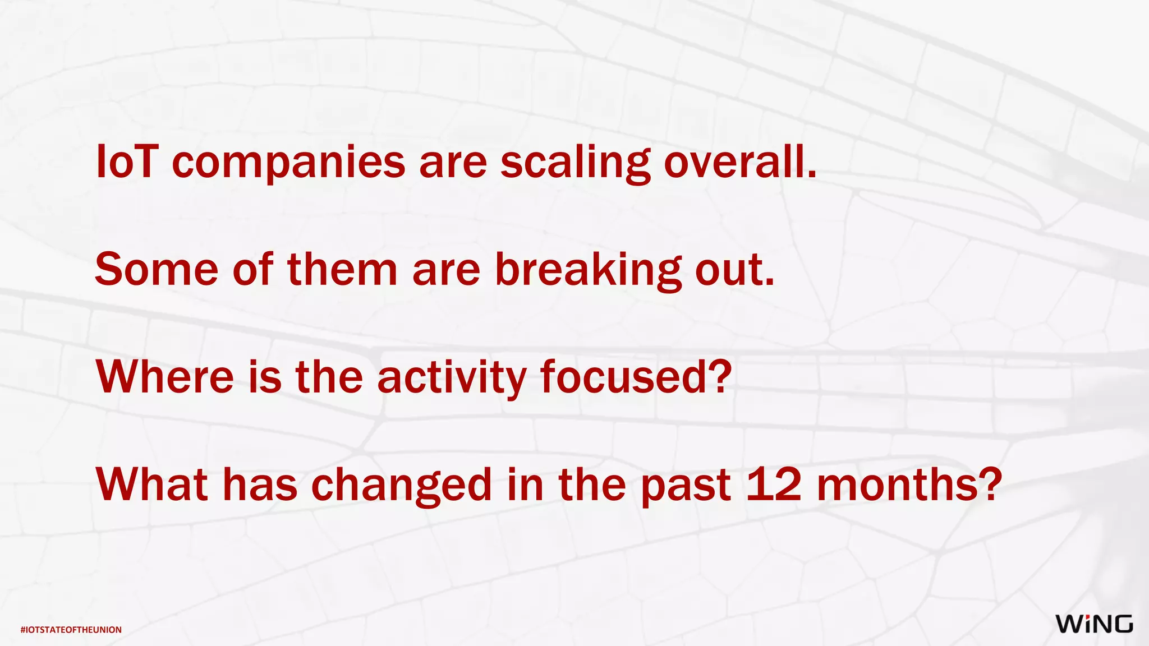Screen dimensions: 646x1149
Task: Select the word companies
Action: coord(288,164)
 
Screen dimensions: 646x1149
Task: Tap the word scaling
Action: coord(575,164)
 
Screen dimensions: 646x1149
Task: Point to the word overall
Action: coord(739,162)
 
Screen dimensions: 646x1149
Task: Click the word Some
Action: coord(157,270)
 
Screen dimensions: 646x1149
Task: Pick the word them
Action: coord(342,270)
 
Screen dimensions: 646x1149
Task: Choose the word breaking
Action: coord(588,271)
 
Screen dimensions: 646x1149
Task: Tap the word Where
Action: coord(165,377)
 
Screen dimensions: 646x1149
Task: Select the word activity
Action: coord(452,379)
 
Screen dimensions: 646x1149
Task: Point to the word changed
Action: coord(402,486)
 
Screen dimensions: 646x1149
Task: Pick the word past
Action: coord(686,486)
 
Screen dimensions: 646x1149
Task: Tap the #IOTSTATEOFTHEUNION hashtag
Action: coord(71,630)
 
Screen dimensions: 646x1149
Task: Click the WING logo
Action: coord(1094,624)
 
